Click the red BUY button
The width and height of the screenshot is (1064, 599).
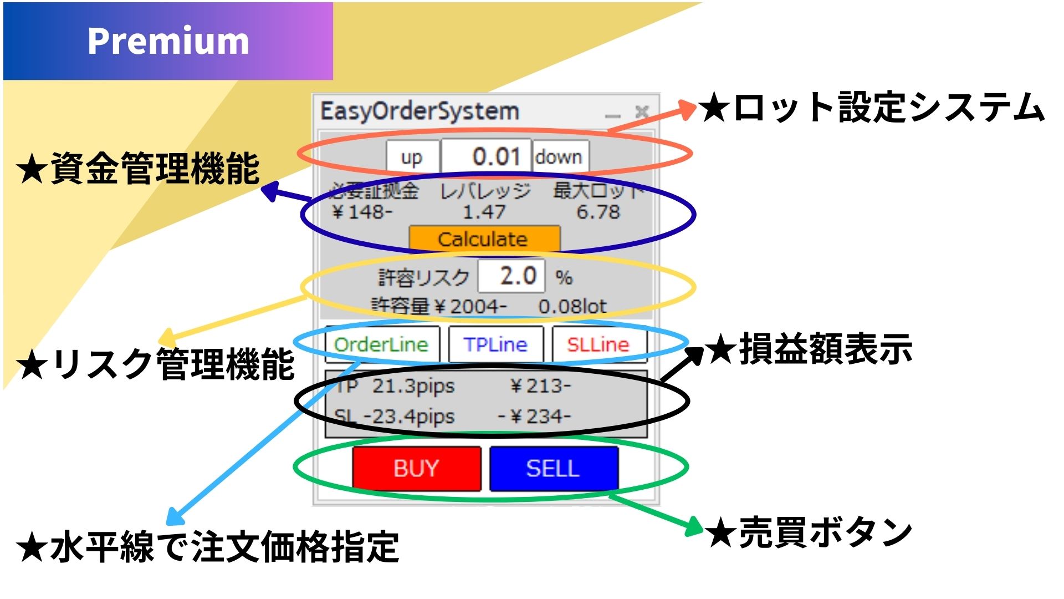pyautogui.click(x=416, y=469)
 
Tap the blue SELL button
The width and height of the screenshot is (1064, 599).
pyautogui.click(x=554, y=469)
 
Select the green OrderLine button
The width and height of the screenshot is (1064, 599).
pyautogui.click(x=382, y=344)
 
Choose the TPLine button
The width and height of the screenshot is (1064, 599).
pyautogui.click(x=495, y=344)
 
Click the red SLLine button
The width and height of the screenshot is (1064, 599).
pyautogui.click(x=598, y=344)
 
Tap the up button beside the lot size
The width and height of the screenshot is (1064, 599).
pyautogui.click(x=412, y=158)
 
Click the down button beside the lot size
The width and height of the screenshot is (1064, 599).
pyautogui.click(x=559, y=158)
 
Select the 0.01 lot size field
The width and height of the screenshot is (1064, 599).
pyautogui.click(x=487, y=157)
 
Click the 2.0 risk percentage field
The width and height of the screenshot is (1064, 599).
pyautogui.click(x=512, y=276)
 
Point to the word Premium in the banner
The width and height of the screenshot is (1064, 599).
pyautogui.click(x=168, y=41)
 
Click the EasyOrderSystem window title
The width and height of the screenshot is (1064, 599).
pyautogui.click(x=420, y=111)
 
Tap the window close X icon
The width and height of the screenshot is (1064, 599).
pyautogui.click(x=642, y=111)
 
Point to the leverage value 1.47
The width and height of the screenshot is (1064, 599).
pyautogui.click(x=484, y=212)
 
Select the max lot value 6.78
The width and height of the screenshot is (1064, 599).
pyautogui.click(x=598, y=212)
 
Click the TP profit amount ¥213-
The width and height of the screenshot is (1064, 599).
pyautogui.click(x=540, y=386)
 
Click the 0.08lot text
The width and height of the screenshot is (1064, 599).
pyautogui.click(x=572, y=306)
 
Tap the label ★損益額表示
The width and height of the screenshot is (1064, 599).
pyautogui.click(x=809, y=349)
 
